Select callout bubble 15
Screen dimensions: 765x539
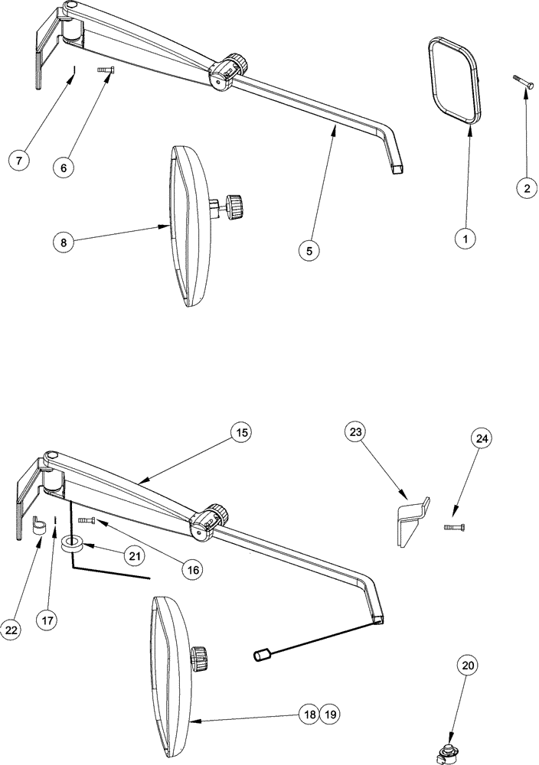click(242, 433)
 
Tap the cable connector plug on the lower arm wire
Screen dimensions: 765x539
click(263, 656)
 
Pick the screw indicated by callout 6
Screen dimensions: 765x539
click(105, 70)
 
